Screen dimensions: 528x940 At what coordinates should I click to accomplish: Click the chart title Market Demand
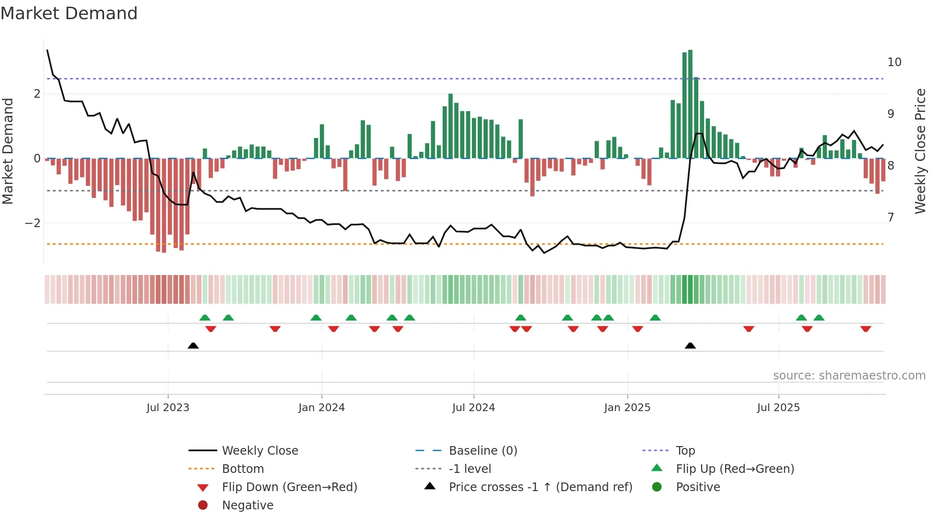click(x=69, y=13)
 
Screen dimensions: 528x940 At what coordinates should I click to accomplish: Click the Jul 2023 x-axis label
click(x=168, y=408)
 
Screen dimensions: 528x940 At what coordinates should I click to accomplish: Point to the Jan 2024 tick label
click(x=321, y=408)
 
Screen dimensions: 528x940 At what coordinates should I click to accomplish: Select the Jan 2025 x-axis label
click(x=627, y=408)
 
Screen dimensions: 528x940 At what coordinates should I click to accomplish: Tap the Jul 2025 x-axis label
click(x=778, y=408)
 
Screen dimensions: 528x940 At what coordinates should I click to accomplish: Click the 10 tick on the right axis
click(x=894, y=62)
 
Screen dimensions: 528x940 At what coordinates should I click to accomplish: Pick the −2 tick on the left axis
click(x=33, y=223)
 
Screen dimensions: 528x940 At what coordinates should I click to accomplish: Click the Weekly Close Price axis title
click(x=920, y=151)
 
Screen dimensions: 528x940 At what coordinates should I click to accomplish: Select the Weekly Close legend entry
click(x=259, y=451)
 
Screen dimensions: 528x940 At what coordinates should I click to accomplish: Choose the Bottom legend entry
click(x=243, y=469)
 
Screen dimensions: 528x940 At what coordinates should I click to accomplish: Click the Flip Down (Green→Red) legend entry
click(x=289, y=487)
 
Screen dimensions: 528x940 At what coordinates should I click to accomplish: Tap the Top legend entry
click(x=685, y=451)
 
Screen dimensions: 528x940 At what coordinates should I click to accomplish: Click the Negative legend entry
click(x=247, y=505)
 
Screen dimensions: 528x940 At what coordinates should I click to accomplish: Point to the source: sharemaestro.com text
click(x=849, y=376)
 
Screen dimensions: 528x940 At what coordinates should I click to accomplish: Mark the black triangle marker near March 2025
click(x=690, y=346)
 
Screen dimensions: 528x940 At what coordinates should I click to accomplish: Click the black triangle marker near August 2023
click(x=193, y=346)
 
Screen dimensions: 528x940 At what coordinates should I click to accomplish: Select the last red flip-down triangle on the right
click(x=866, y=329)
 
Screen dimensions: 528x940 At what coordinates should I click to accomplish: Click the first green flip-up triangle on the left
click(x=205, y=318)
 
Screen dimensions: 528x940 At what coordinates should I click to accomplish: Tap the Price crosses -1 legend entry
click(x=540, y=487)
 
